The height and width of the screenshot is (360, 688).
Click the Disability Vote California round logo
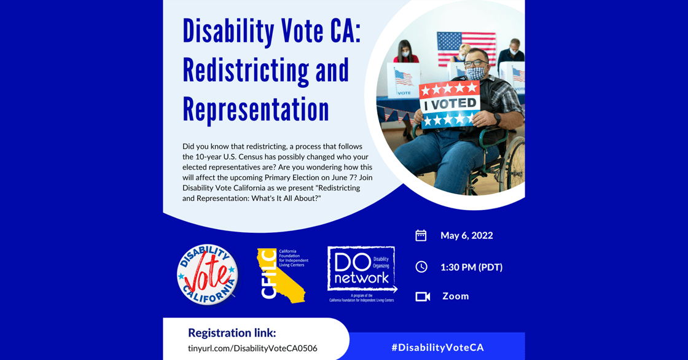[207, 275]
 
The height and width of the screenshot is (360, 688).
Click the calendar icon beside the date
[421, 235]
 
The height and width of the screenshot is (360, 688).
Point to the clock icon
[421, 267]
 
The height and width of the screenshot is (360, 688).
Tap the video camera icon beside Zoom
[422, 296]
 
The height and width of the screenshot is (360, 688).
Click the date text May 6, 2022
[466, 235]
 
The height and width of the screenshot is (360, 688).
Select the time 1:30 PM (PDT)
[471, 267]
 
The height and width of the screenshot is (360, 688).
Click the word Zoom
[455, 296]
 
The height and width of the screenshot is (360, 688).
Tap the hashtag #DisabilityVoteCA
[437, 347]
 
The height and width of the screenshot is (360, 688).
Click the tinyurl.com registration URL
[252, 348]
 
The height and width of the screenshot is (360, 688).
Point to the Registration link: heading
[232, 333]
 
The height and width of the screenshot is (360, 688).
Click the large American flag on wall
[466, 48]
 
